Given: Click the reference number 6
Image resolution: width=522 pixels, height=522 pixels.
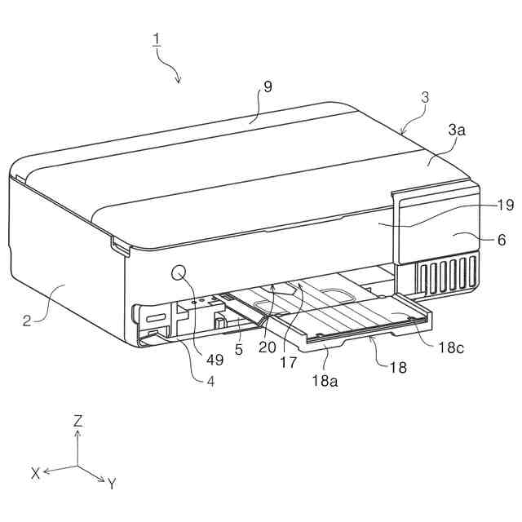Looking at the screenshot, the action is tap(501, 240).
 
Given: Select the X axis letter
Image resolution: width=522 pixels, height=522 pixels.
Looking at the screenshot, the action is tap(36, 473).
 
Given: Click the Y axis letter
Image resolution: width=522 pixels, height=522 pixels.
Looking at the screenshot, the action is tap(113, 484).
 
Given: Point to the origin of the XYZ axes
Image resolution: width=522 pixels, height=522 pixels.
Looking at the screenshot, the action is tap(77, 467).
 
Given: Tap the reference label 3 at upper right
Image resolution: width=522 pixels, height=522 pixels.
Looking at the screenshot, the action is tap(425, 98).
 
